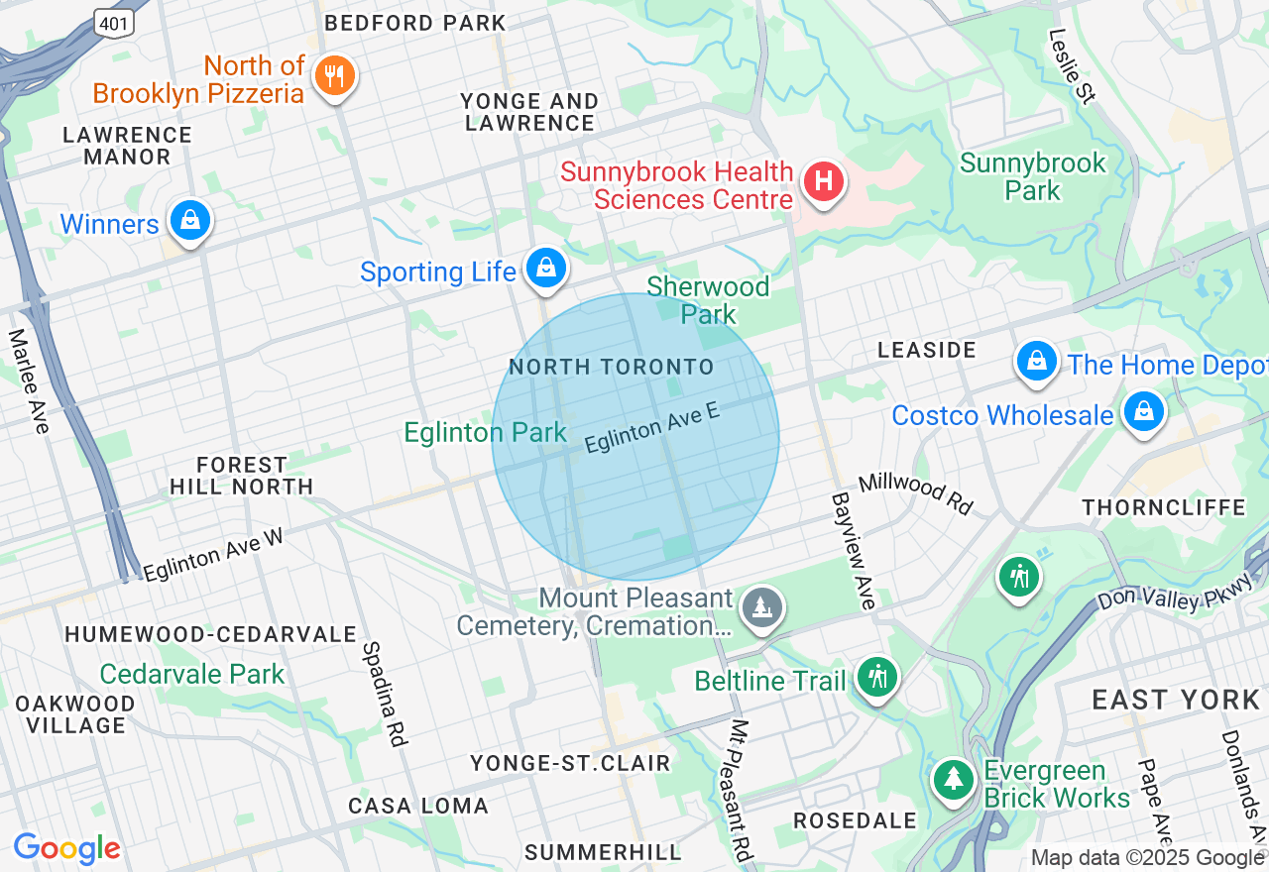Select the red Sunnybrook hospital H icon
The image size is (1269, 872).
point(822,182)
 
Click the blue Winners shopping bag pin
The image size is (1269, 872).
point(189,220)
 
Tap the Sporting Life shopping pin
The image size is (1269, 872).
point(545,268)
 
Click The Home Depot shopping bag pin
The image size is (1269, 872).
point(1036,361)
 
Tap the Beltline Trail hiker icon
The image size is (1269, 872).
point(876,678)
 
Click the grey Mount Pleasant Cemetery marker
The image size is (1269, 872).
point(761,607)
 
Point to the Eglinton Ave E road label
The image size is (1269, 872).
point(651,428)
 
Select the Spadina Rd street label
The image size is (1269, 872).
point(384,693)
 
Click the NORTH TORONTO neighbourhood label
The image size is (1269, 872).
point(611,368)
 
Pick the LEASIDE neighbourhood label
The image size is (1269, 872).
point(928,350)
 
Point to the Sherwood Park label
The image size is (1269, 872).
point(708,300)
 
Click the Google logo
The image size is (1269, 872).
point(66,848)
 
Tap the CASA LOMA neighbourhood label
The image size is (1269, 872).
point(418,806)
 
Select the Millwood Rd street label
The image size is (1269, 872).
point(916,491)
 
